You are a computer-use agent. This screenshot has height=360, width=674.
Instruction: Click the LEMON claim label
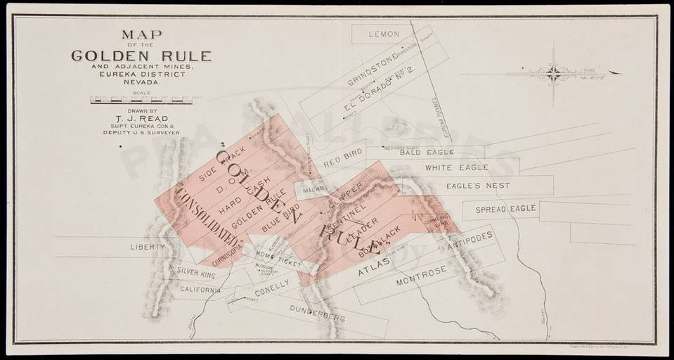click(384, 34)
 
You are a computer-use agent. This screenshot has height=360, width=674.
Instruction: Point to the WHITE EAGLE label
click(452, 168)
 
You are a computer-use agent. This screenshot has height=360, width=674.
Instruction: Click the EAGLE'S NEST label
click(478, 186)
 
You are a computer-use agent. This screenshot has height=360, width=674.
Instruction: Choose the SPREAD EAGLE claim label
click(505, 209)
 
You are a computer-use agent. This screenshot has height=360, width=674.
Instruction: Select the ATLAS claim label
click(373, 269)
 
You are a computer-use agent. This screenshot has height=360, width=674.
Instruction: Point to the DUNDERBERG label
click(317, 312)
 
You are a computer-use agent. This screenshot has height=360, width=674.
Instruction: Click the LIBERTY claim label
click(148, 247)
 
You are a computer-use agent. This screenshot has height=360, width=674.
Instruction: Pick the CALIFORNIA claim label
click(201, 289)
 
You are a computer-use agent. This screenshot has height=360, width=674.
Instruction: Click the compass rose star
click(554, 72)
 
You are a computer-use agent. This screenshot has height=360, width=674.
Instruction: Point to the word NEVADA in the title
click(141, 82)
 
